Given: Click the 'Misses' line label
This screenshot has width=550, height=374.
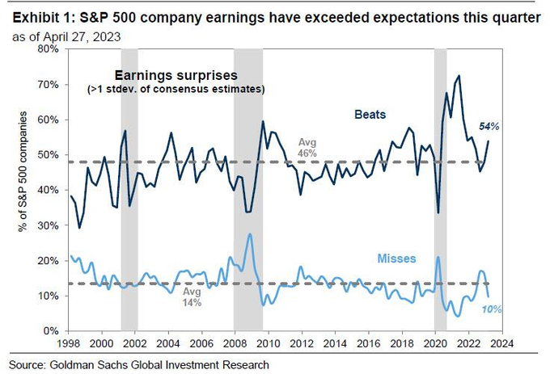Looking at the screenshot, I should pyautogui.click(x=396, y=258).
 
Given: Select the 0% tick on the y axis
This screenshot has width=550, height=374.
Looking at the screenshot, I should pyautogui.click(x=50, y=331).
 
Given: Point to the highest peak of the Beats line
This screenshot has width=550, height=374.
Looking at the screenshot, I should pyautogui.click(x=459, y=76).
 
